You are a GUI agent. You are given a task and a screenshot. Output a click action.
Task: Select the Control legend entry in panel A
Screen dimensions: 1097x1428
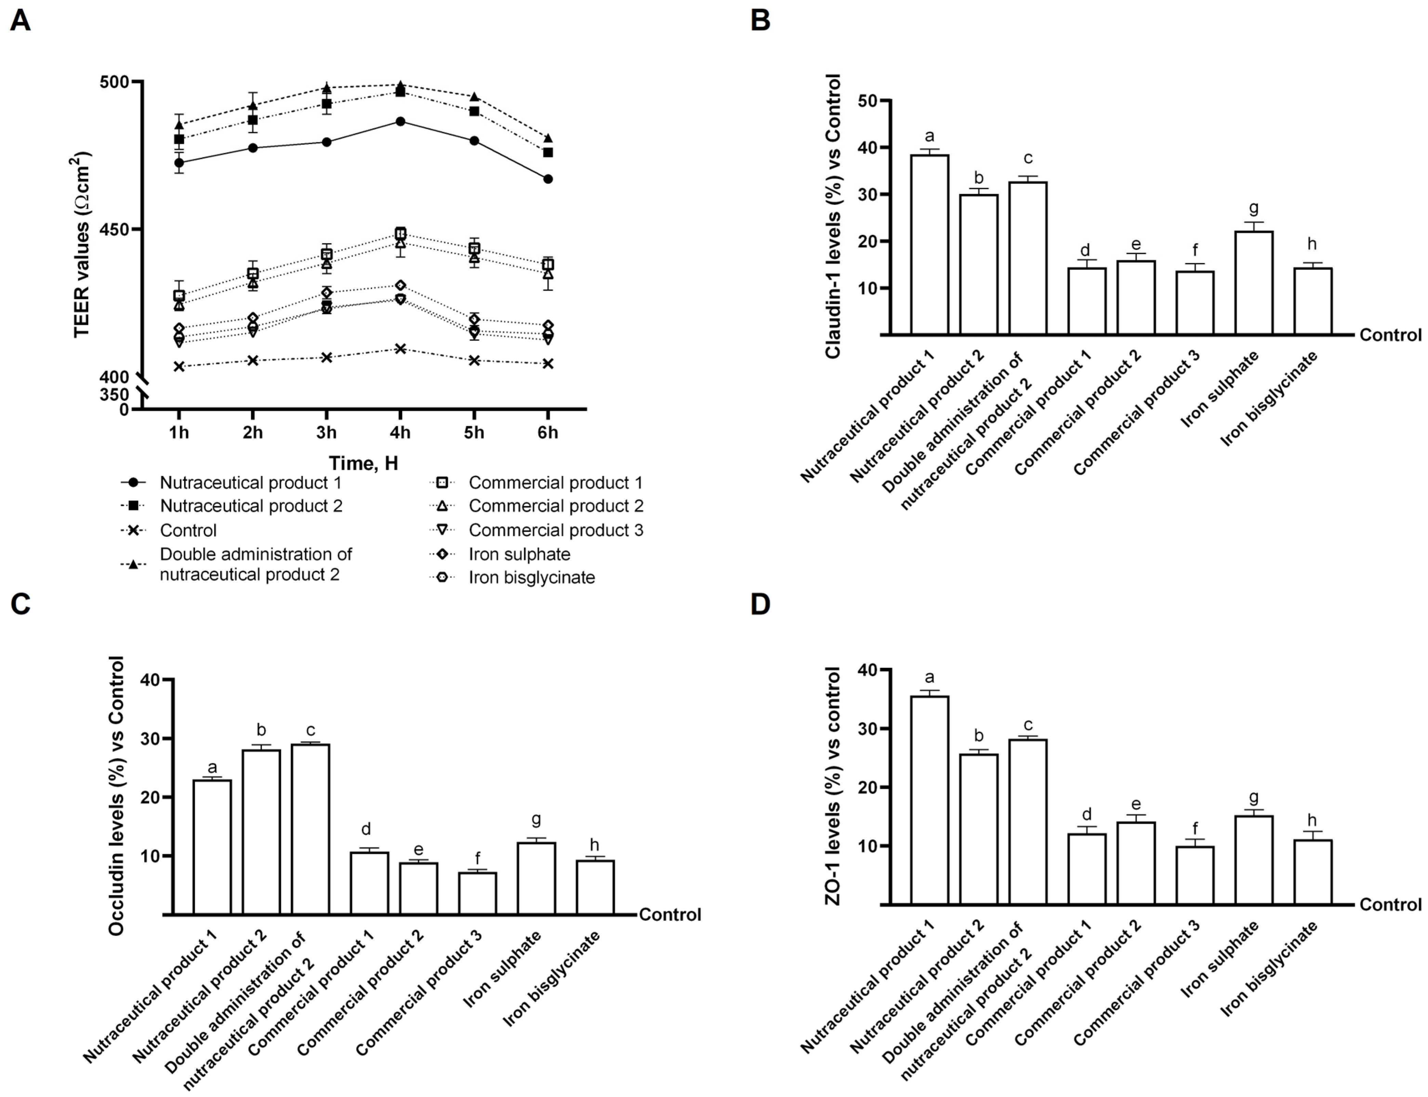188,530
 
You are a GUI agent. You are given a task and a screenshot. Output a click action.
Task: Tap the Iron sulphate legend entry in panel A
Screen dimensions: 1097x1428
519,554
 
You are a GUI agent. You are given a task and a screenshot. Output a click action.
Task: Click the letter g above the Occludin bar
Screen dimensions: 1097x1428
536,819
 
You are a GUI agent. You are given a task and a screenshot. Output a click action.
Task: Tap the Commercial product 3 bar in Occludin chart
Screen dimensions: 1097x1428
477,893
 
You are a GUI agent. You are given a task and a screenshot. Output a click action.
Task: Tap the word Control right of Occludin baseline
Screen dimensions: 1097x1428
669,915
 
